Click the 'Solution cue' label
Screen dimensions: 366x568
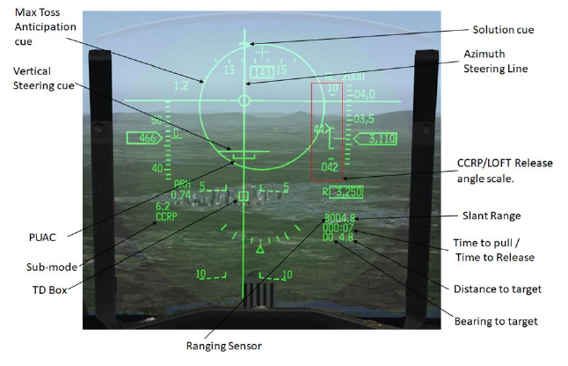pyautogui.click(x=502, y=29)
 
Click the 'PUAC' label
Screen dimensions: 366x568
pyautogui.click(x=31, y=238)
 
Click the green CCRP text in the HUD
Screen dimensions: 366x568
pyautogui.click(x=165, y=216)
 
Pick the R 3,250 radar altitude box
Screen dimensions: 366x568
pyautogui.click(x=345, y=191)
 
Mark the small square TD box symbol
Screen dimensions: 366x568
pyautogui.click(x=244, y=195)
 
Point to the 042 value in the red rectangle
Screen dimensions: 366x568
pyautogui.click(x=330, y=166)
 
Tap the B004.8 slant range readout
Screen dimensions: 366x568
pyautogui.click(x=339, y=217)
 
